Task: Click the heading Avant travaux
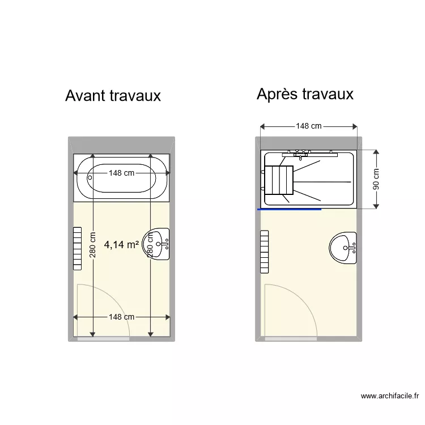(113, 95)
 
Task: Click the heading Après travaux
(305, 93)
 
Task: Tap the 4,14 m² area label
(122, 245)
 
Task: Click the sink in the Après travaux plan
(343, 248)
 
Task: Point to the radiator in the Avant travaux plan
(78, 247)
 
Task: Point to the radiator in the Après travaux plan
(264, 251)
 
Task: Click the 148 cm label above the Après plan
(309, 126)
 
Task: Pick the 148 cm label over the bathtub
(122, 173)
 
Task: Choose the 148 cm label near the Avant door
(122, 317)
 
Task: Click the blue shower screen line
(290, 209)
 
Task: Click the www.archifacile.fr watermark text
(389, 396)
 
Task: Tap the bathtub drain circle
(90, 176)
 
